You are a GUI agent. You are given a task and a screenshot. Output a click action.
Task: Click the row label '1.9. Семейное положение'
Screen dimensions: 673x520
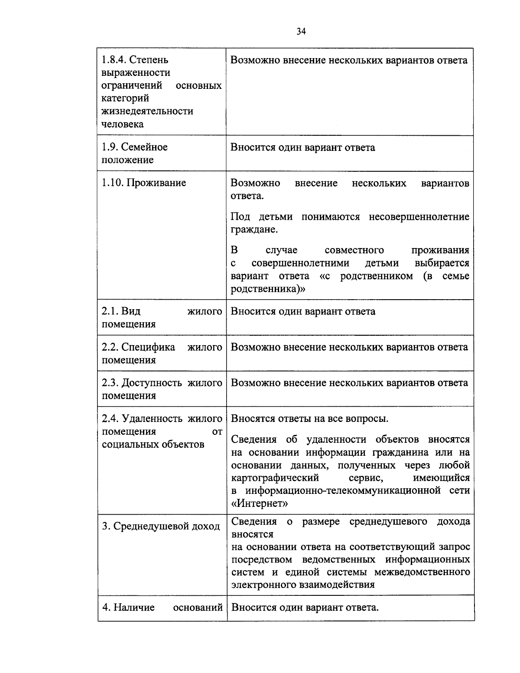tap(134, 154)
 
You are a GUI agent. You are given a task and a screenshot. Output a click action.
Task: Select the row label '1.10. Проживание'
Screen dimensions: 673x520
tap(144, 183)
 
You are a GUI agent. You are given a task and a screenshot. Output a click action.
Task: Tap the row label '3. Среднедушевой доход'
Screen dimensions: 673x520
tap(161, 526)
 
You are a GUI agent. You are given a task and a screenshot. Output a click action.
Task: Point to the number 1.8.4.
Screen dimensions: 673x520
tap(114, 59)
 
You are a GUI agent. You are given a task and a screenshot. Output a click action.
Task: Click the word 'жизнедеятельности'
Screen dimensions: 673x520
tap(147, 111)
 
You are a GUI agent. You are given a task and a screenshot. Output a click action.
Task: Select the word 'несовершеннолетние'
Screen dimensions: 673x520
tap(419, 216)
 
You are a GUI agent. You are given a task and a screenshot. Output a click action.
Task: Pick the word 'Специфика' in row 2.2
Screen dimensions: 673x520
tap(148, 347)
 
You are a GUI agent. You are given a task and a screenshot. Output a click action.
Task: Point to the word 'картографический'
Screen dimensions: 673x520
tap(275, 478)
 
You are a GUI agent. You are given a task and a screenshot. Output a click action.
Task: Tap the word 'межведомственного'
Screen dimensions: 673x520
tap(422, 572)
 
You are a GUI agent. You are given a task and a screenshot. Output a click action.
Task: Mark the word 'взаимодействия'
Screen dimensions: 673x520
tap(337, 585)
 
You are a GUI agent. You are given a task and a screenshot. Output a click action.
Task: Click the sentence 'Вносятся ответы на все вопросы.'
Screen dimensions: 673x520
tap(309, 419)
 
